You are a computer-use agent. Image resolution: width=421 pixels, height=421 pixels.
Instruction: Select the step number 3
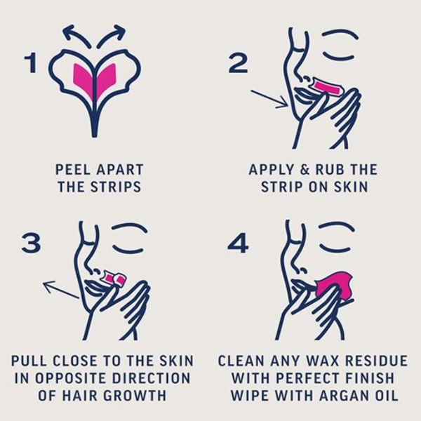coord(32,243)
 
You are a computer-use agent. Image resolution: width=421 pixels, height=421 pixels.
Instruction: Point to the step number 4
coord(238,243)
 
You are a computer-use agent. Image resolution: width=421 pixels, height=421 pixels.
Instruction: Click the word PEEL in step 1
coord(72,170)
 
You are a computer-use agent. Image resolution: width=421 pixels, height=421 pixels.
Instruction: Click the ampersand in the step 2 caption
coord(305,170)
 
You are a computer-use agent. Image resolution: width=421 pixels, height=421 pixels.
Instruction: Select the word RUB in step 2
coord(329,170)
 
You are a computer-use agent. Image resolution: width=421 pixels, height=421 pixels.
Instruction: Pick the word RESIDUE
coord(376,361)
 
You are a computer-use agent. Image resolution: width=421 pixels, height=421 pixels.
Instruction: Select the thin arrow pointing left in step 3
coord(60,289)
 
